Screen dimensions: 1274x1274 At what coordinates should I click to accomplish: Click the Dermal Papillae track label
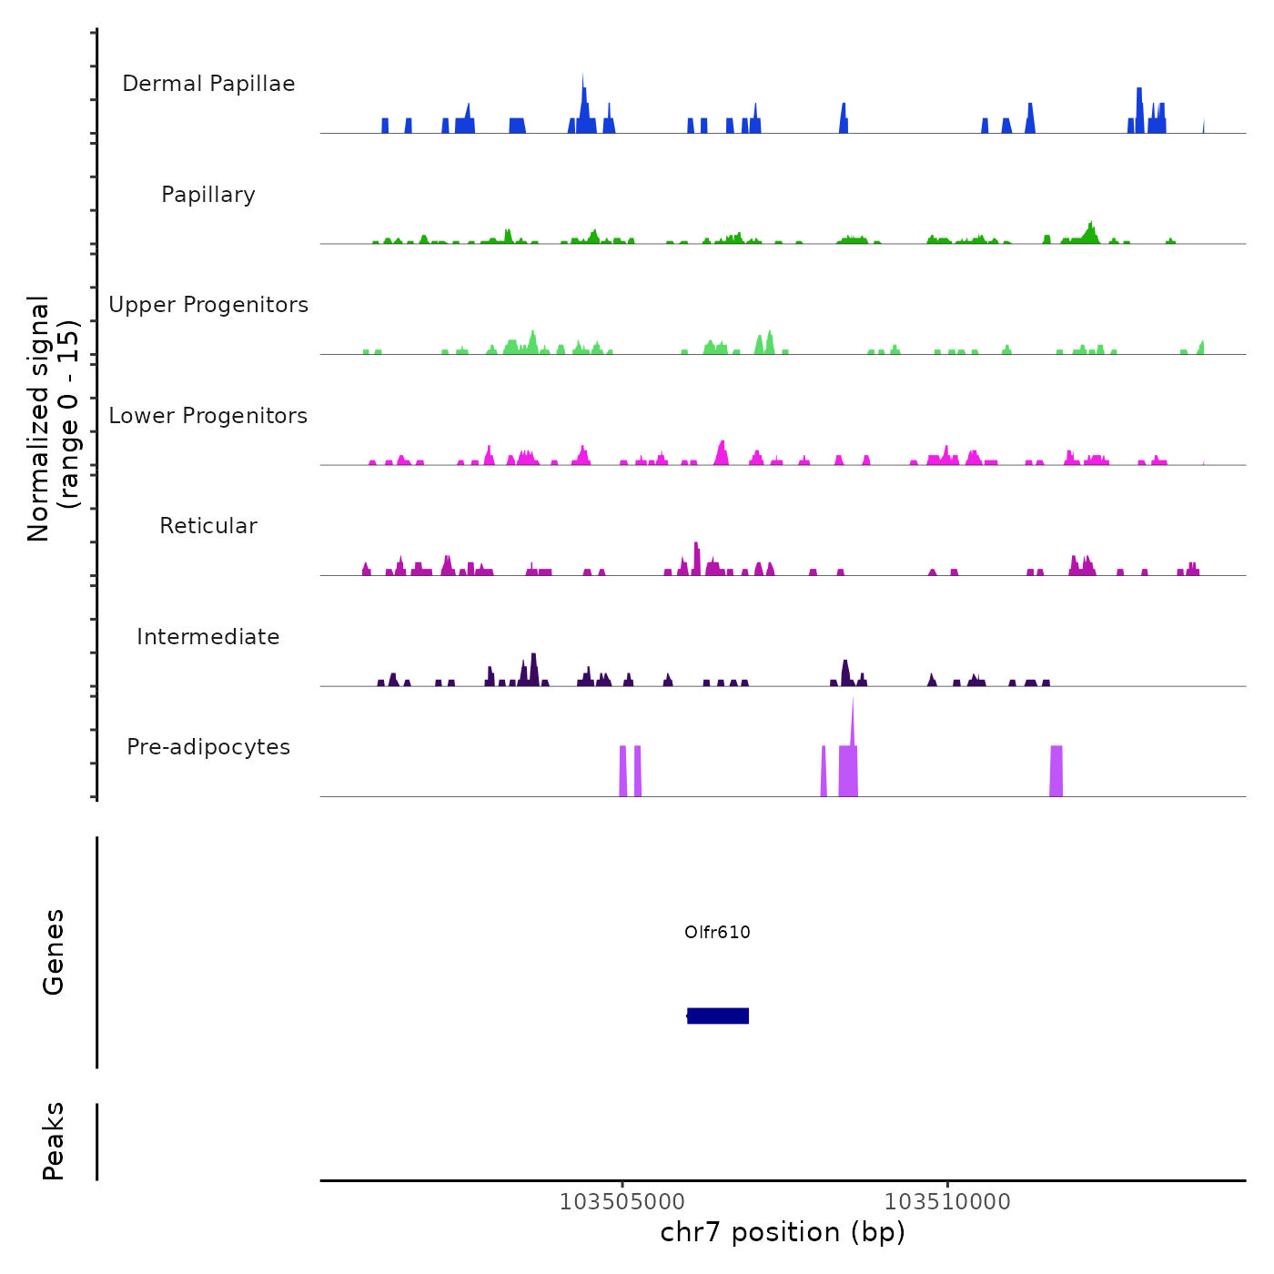click(208, 84)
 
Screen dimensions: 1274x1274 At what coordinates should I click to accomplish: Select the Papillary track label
click(208, 195)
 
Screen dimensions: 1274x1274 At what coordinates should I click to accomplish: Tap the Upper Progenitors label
click(208, 305)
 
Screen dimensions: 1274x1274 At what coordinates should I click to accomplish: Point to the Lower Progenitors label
click(208, 416)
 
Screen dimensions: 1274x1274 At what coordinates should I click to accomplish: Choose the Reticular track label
click(208, 526)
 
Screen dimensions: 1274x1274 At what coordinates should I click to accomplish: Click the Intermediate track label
click(208, 637)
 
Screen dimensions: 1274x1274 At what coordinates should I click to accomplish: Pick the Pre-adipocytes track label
click(208, 747)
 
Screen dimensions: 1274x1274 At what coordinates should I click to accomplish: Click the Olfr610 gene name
click(717, 932)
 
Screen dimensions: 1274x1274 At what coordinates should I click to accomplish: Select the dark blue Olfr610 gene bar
click(718, 1016)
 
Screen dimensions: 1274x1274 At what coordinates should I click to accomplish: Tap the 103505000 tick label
click(622, 1201)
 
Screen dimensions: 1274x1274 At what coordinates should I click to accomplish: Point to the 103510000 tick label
click(947, 1201)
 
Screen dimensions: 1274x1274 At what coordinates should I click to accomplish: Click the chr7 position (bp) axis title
click(783, 1232)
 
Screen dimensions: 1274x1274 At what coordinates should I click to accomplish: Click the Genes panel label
click(54, 952)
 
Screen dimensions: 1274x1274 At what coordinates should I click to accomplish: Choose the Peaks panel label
click(54, 1141)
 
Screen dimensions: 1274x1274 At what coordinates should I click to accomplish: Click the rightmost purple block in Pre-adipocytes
click(1057, 771)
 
